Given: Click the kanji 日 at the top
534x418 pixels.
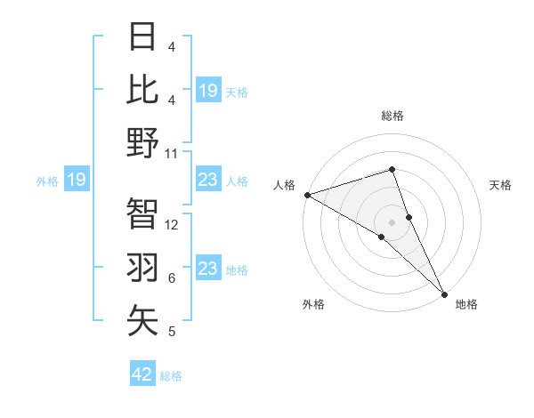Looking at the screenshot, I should (x=142, y=36).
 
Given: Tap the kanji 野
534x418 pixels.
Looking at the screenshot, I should (x=142, y=143).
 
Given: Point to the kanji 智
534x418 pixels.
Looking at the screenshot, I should (x=142, y=214).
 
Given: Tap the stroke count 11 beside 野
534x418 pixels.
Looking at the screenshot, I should (x=172, y=153).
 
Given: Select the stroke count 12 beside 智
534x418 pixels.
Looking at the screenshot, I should (x=172, y=225).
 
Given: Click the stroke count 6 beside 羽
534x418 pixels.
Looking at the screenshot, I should (x=171, y=278).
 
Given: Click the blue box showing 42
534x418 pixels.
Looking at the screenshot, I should (x=142, y=374).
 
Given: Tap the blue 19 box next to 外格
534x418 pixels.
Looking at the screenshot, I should (x=77, y=181).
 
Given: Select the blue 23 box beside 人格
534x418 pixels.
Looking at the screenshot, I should (x=208, y=181).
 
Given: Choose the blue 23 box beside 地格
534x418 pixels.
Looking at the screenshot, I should (x=208, y=269).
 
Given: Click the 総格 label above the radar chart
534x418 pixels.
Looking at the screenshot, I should (x=392, y=116).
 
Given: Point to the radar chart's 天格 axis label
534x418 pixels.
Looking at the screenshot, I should (x=501, y=185).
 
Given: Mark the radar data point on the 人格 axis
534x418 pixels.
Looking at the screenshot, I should (x=307, y=194).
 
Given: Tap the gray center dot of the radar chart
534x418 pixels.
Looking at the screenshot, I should (x=392, y=221).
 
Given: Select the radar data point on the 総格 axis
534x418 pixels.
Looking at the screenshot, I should (x=392, y=169).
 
